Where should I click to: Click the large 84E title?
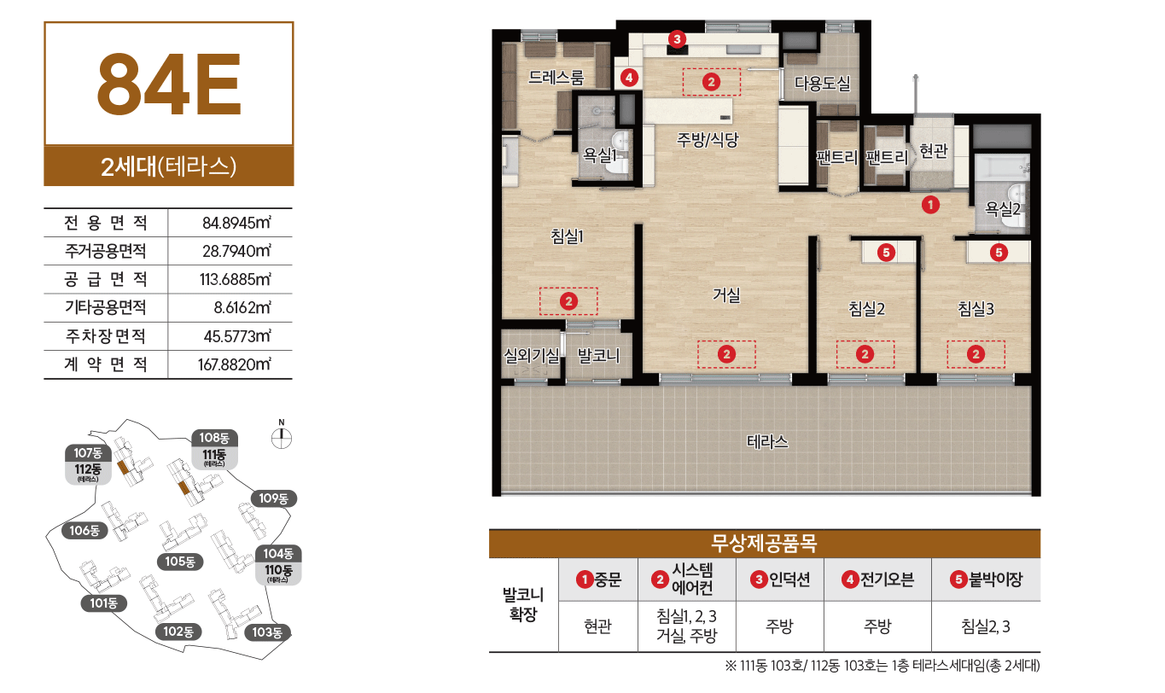169,84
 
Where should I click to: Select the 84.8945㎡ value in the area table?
236,224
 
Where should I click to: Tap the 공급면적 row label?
105,279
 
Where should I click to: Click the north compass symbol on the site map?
280,437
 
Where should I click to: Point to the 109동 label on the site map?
272,498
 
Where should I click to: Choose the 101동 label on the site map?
103,603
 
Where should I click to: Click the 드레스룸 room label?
556,79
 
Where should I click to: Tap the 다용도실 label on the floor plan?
822,84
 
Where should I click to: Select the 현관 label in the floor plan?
933,151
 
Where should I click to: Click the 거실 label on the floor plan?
726,296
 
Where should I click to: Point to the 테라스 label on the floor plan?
767,442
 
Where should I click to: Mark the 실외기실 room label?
531,355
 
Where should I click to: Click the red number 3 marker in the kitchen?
677,38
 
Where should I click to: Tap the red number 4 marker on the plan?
629,78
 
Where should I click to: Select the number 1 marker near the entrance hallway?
930,205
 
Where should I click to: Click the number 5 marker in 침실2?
886,252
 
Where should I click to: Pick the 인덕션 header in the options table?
780,579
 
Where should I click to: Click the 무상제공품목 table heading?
764,544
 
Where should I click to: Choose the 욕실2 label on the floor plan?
1003,207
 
